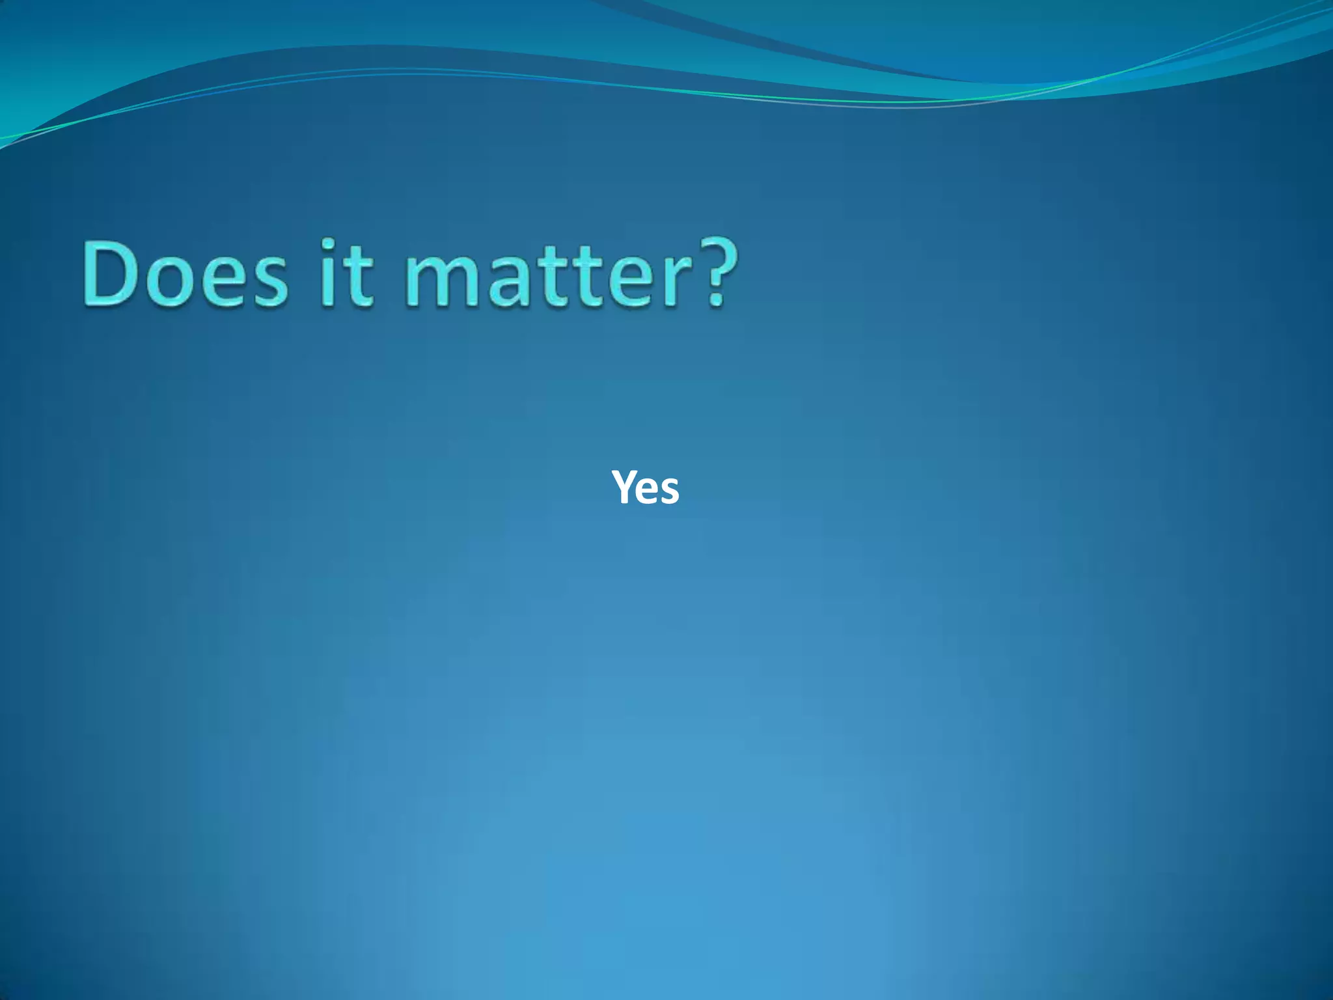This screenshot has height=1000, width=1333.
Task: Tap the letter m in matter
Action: [x=446, y=280]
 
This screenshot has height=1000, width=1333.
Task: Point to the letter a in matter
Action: [x=508, y=280]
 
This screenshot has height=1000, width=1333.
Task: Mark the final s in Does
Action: [x=268, y=280]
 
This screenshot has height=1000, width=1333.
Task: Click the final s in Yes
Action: [x=669, y=491]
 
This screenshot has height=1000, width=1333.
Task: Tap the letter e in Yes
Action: [x=648, y=491]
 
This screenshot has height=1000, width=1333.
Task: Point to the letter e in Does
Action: [x=220, y=280]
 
